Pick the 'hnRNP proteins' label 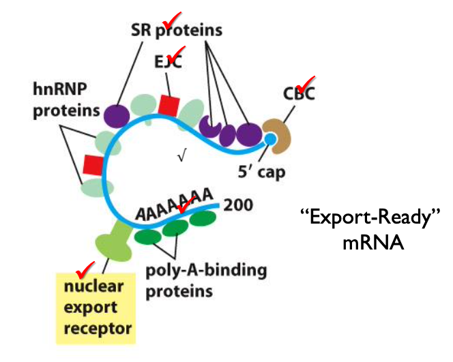[66, 100]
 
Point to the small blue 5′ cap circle [270, 140]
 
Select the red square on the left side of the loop [93, 164]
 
